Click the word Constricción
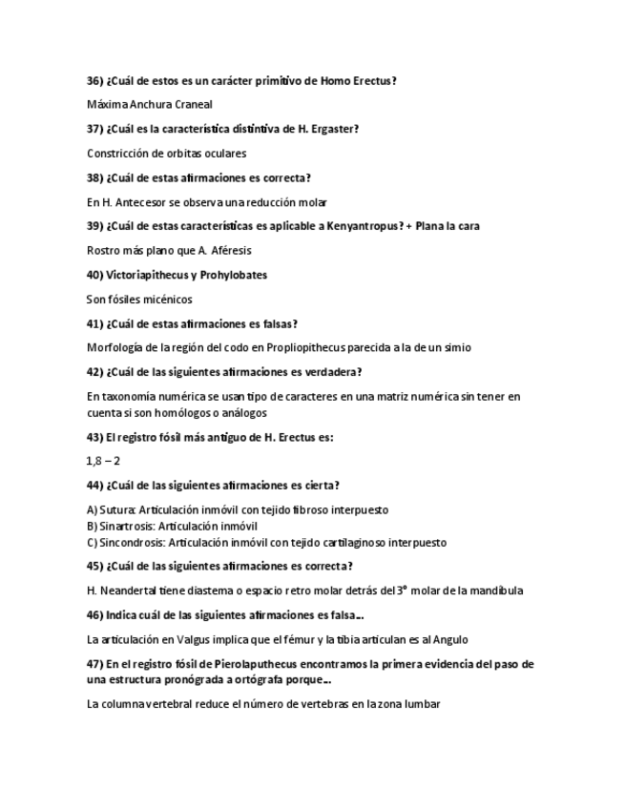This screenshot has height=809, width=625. click(x=115, y=153)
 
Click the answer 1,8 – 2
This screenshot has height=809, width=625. click(x=103, y=461)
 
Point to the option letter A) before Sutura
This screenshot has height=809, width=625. click(x=92, y=509)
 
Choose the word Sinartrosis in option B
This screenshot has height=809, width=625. click(x=126, y=526)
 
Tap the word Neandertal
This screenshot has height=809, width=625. click(x=132, y=591)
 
